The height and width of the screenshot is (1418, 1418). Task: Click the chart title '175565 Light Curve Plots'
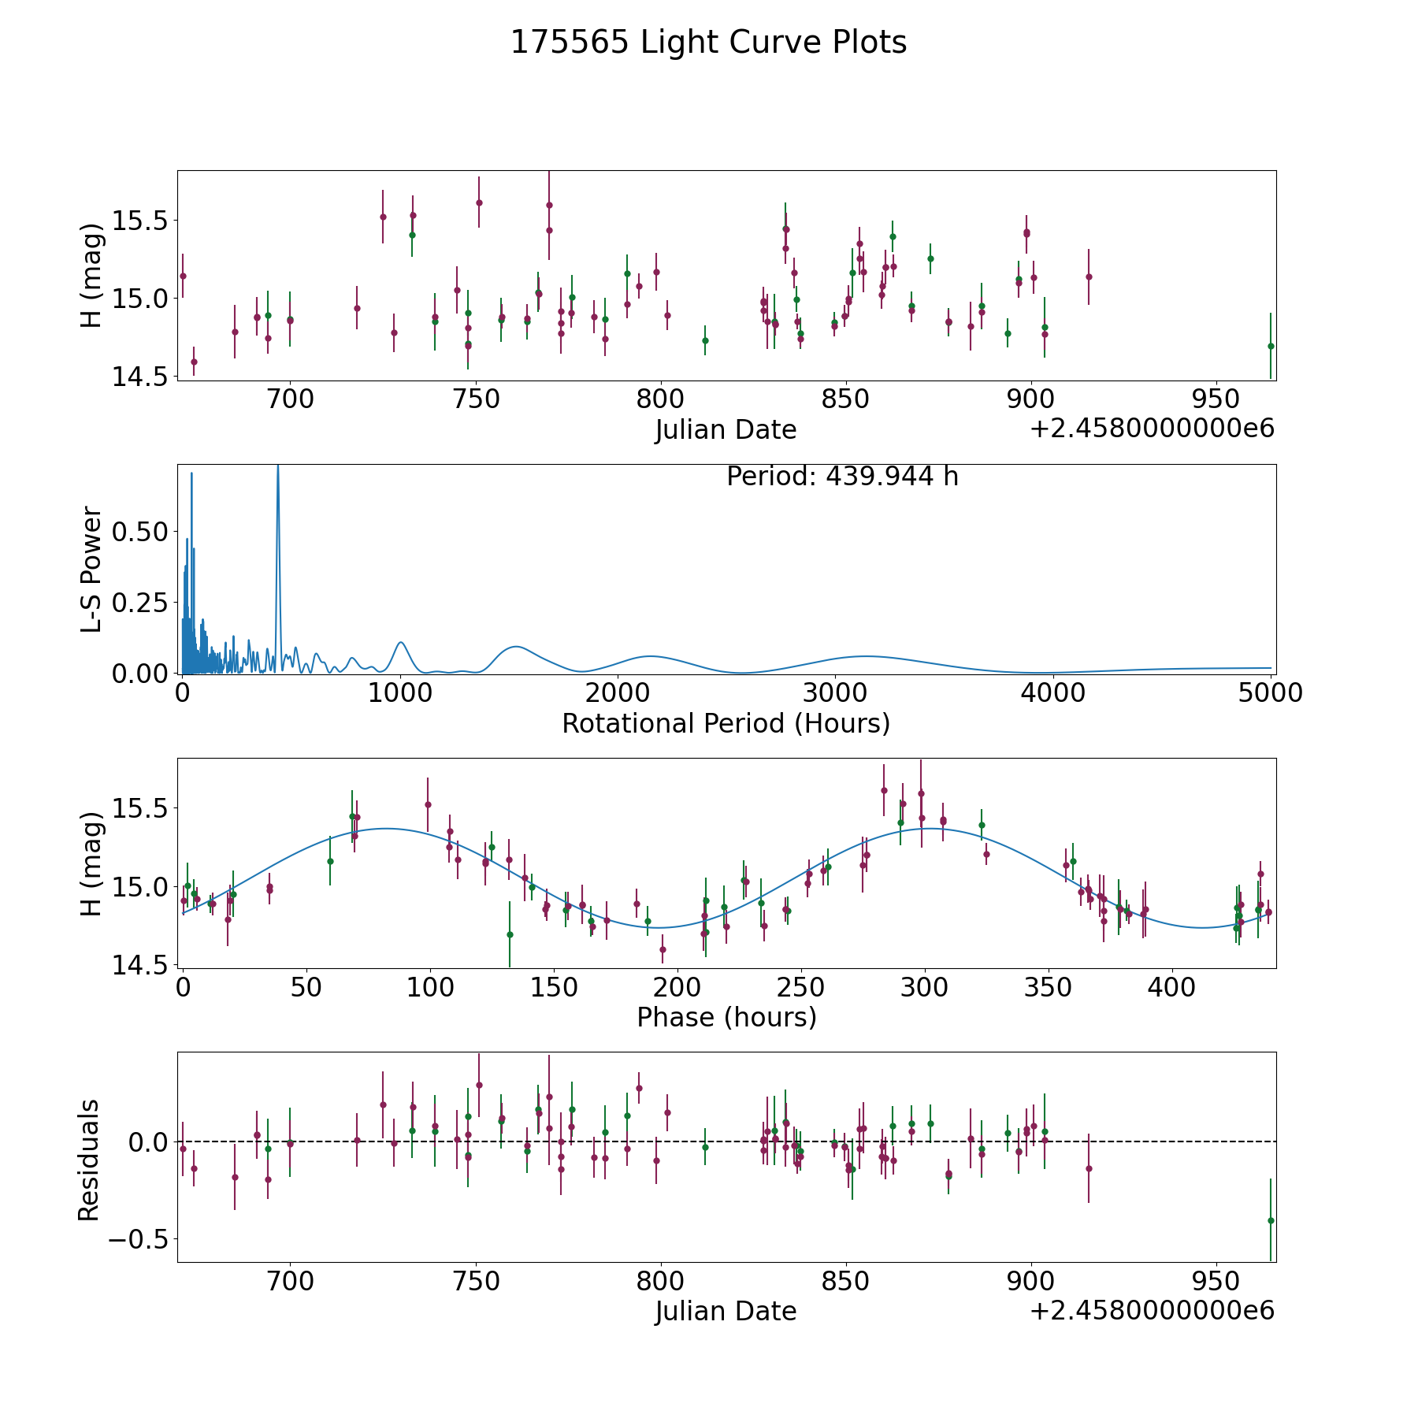coord(708,43)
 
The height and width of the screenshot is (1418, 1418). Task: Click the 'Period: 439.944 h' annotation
coord(842,477)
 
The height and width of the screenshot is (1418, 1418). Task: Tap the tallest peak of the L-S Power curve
coord(277,466)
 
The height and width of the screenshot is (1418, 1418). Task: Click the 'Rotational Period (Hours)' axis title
coord(726,723)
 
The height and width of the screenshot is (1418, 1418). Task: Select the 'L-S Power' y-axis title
coord(91,570)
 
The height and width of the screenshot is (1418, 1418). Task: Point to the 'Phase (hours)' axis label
coord(726,1017)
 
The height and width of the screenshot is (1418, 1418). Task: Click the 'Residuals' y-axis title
coord(89,1160)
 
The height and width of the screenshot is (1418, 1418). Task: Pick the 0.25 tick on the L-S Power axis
coord(140,603)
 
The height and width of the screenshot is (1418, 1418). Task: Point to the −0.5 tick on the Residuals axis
coord(139,1239)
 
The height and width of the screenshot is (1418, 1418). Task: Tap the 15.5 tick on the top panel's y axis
coord(140,221)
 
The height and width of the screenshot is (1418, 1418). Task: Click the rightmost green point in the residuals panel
coord(1271,1220)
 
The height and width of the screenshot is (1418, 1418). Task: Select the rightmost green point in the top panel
coord(1271,346)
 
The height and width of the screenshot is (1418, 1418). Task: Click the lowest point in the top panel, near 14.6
coord(194,362)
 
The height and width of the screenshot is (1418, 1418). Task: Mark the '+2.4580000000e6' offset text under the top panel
coord(1153,429)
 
